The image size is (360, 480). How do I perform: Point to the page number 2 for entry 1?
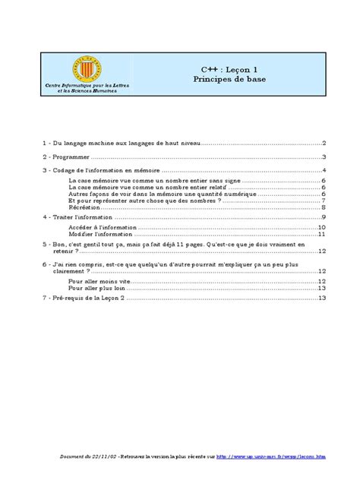[324, 143]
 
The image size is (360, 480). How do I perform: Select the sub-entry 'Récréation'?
[85, 207]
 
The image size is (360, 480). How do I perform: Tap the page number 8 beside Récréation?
[324, 207]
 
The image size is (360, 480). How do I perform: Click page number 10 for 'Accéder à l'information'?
[322, 226]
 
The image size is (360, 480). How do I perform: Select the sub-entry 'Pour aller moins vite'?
[99, 280]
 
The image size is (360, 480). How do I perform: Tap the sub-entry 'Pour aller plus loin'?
[98, 288]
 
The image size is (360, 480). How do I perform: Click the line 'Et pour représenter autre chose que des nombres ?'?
[134, 200]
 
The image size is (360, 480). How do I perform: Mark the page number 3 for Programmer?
[324, 156]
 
